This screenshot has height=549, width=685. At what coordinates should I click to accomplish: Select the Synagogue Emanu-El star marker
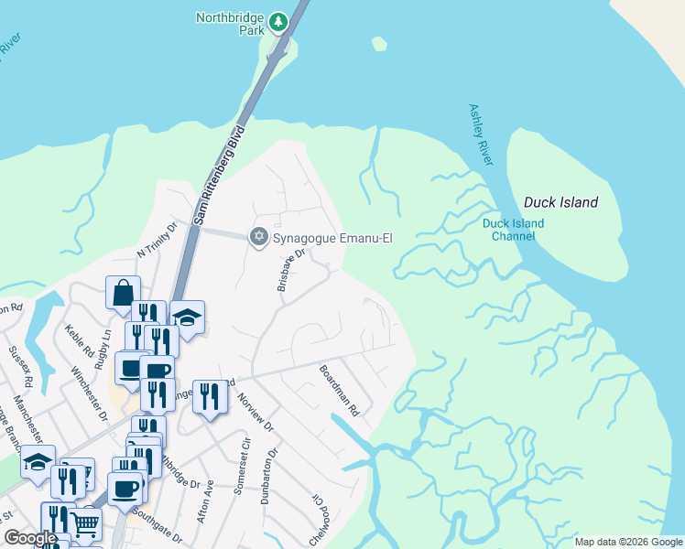click(258, 238)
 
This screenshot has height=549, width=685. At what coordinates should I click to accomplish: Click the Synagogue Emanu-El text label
click(333, 238)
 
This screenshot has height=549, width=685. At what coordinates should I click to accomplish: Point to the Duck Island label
click(560, 202)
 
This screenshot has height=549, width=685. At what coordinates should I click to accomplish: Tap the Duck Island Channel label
click(513, 230)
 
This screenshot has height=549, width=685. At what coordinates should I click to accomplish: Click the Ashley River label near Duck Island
click(481, 135)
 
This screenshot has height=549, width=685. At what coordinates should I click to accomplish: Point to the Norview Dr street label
click(256, 411)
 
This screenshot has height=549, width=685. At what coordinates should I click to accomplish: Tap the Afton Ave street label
click(204, 501)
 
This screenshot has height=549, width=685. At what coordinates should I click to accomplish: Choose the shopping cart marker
click(84, 524)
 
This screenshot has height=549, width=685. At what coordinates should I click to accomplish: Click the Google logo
click(30, 538)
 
